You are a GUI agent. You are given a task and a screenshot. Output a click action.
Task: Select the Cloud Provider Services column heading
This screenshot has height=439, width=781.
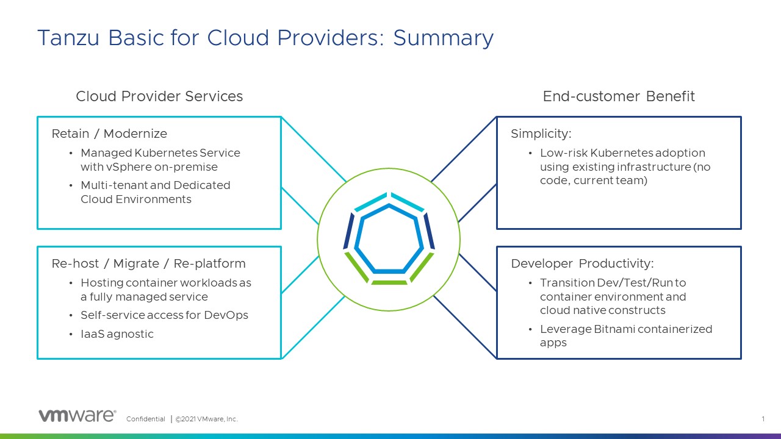(x=159, y=96)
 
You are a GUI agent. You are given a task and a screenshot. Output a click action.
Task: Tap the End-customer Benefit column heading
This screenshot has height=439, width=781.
(x=619, y=96)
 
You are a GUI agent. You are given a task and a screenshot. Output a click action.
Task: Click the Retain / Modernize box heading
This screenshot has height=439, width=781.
(x=109, y=134)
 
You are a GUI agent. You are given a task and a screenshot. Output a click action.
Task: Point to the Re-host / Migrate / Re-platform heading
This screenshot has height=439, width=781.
(x=148, y=263)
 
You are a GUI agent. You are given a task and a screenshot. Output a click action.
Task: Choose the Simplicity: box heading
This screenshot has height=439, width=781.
(x=541, y=134)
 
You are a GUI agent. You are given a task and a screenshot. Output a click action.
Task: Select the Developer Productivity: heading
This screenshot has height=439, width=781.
(x=582, y=263)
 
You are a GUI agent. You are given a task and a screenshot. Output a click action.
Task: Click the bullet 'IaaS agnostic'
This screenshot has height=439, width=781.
(x=117, y=334)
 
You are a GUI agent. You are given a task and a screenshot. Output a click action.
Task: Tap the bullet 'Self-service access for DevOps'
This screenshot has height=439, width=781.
(x=164, y=315)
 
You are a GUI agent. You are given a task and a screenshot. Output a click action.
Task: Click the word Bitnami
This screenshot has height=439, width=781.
(x=613, y=329)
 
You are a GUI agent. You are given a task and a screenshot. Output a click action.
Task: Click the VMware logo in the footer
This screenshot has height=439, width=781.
(x=77, y=416)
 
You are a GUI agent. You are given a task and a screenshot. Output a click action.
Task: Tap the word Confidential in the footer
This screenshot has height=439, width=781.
(x=145, y=419)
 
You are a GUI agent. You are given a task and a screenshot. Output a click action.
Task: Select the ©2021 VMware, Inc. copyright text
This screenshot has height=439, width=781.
(x=207, y=419)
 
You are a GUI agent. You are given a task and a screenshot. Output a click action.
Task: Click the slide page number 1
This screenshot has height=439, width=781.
(x=763, y=419)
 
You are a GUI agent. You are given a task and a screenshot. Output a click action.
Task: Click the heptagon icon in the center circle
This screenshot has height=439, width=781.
(x=389, y=238)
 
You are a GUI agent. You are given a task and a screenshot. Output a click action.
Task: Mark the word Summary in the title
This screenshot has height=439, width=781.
(x=443, y=38)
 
